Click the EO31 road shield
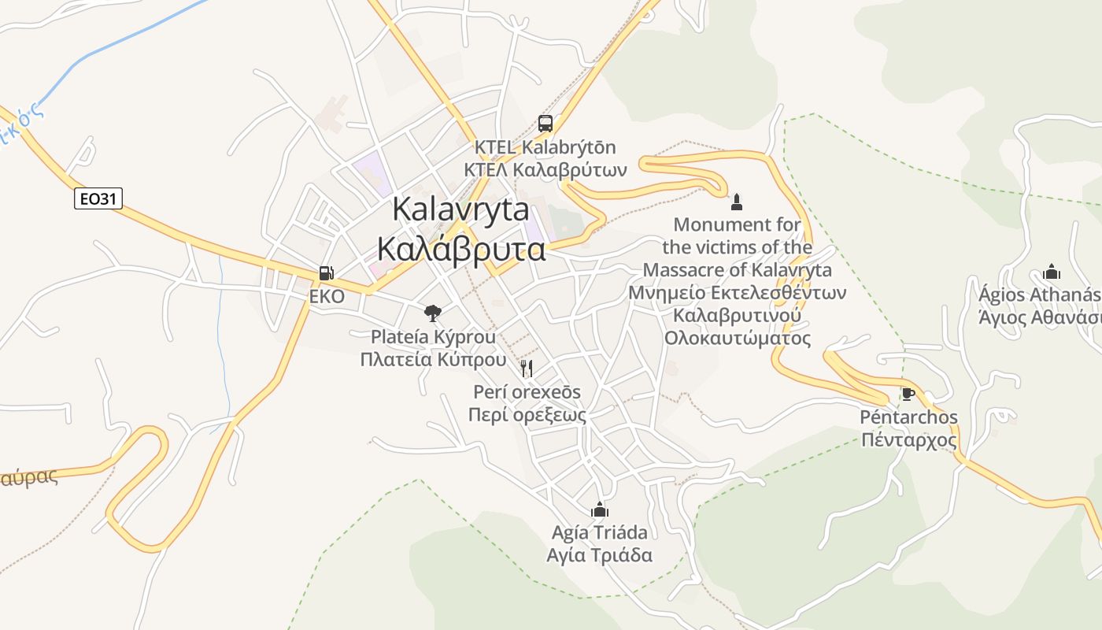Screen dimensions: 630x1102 click(x=98, y=198)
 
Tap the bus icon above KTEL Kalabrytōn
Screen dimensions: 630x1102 click(x=545, y=123)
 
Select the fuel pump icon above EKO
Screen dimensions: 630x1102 click(x=326, y=273)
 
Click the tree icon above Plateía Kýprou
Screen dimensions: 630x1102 click(x=432, y=313)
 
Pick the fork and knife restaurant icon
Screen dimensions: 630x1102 click(x=527, y=368)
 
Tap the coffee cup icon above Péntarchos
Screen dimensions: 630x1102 click(x=908, y=394)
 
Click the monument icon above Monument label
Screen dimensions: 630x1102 click(x=737, y=202)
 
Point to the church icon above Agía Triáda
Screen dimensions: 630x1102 click(x=600, y=510)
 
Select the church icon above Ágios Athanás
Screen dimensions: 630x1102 click(x=1052, y=272)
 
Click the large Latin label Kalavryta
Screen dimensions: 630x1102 click(x=460, y=209)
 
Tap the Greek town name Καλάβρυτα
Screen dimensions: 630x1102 click(x=461, y=248)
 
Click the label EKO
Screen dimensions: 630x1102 click(x=327, y=297)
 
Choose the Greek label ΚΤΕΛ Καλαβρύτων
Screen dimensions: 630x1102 click(x=545, y=169)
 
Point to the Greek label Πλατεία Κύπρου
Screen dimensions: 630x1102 click(x=433, y=360)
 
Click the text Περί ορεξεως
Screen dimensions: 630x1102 click(x=527, y=415)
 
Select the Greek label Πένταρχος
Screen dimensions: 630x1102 click(x=909, y=440)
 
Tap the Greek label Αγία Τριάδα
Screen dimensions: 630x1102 click(x=600, y=555)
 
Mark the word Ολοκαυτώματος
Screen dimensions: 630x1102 click(x=738, y=339)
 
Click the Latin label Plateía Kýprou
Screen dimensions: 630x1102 click(x=433, y=337)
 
